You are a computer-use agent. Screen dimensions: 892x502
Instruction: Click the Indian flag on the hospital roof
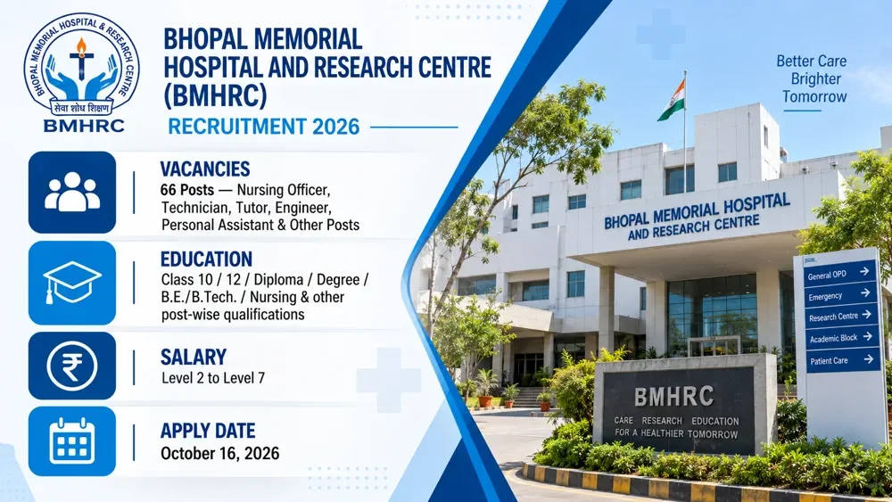coord(672,100)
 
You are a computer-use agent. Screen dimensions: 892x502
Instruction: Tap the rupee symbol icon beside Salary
coord(71,366)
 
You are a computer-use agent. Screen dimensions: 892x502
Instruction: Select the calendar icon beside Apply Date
coord(71,441)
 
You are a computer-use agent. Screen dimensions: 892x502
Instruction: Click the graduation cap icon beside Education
coord(72,283)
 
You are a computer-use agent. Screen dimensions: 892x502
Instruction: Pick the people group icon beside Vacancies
coord(72,193)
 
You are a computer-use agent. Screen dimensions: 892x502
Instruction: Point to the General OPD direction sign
coord(839,274)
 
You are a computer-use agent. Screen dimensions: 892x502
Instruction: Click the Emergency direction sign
coord(840,295)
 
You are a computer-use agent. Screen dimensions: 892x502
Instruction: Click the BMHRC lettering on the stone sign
coord(674,397)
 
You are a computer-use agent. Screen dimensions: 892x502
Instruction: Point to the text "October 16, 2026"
coord(220,454)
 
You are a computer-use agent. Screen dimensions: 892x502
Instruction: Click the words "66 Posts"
coord(187,189)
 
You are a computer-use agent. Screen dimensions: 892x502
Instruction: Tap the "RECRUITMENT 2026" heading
coord(263,127)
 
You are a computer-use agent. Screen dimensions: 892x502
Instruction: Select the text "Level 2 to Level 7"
coord(213,378)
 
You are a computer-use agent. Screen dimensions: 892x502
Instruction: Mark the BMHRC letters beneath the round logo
coord(84,126)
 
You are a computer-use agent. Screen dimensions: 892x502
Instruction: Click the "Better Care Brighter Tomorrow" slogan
coord(813,79)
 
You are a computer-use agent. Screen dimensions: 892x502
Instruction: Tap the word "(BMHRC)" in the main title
coord(215,95)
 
